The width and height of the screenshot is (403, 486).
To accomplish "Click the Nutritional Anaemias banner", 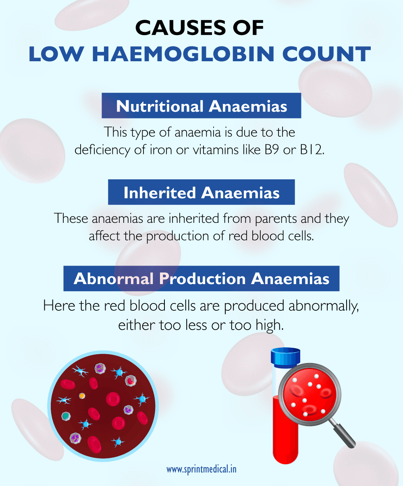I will pos(201,106).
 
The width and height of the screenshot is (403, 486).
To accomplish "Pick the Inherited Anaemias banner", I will pos(201,193).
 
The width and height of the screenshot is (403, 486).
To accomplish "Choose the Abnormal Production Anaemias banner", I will pos(201,279).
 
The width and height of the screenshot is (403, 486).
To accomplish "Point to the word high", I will pos(270,325).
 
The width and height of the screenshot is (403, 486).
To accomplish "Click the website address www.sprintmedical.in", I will pos(201,469).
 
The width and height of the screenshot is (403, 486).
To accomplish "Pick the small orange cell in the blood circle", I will pos(82,396).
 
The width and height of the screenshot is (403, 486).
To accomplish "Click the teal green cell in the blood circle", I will pos(65,415).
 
